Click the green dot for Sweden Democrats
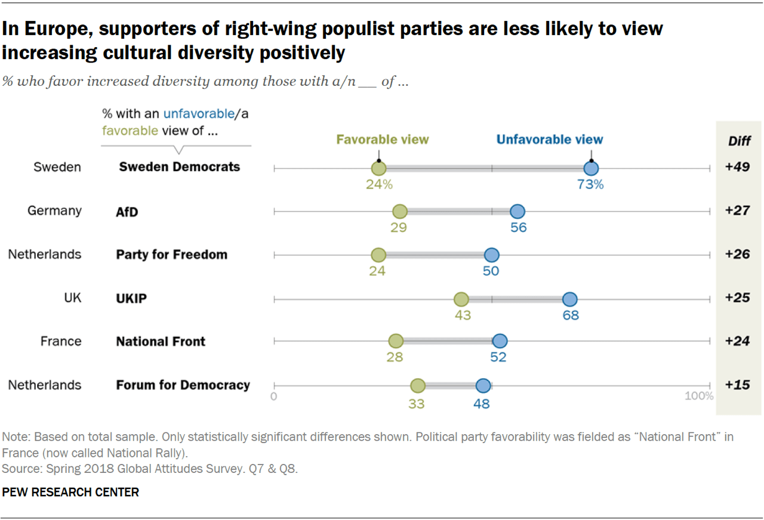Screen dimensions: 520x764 378,169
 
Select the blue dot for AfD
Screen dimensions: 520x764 517,211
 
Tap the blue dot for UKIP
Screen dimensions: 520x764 569,299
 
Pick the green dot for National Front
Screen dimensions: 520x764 395,341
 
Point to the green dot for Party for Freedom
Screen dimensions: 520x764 378,255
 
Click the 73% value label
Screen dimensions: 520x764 590,185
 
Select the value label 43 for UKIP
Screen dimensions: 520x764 463,315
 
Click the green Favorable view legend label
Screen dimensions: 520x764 383,140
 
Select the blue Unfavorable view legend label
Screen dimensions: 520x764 550,140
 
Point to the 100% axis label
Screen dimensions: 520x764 699,396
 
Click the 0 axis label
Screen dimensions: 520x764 274,396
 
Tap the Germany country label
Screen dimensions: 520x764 54,211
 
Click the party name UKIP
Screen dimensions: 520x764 131,298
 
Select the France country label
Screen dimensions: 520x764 61,341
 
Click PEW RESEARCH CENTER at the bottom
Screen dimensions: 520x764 70,493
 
